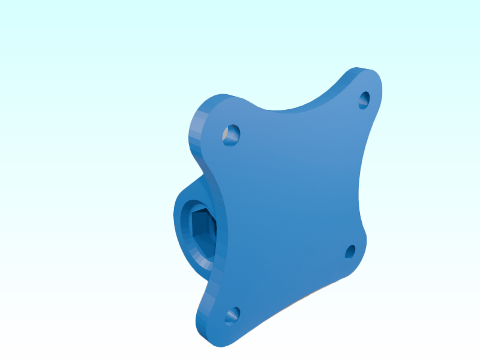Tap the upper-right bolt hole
(365, 100)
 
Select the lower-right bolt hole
(350, 251)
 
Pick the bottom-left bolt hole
(232, 314)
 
